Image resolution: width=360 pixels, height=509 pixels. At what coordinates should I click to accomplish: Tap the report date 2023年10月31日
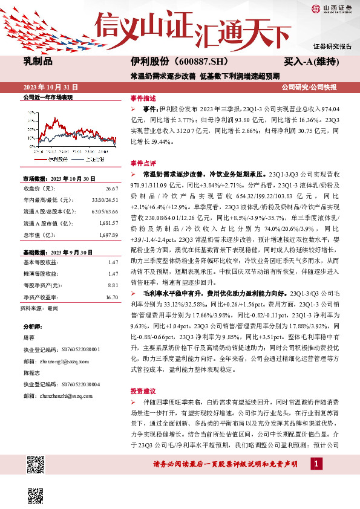(48, 85)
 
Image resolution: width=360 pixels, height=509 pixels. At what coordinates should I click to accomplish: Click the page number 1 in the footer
(316, 481)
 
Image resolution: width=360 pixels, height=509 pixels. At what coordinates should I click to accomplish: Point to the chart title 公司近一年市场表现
(47, 97)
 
